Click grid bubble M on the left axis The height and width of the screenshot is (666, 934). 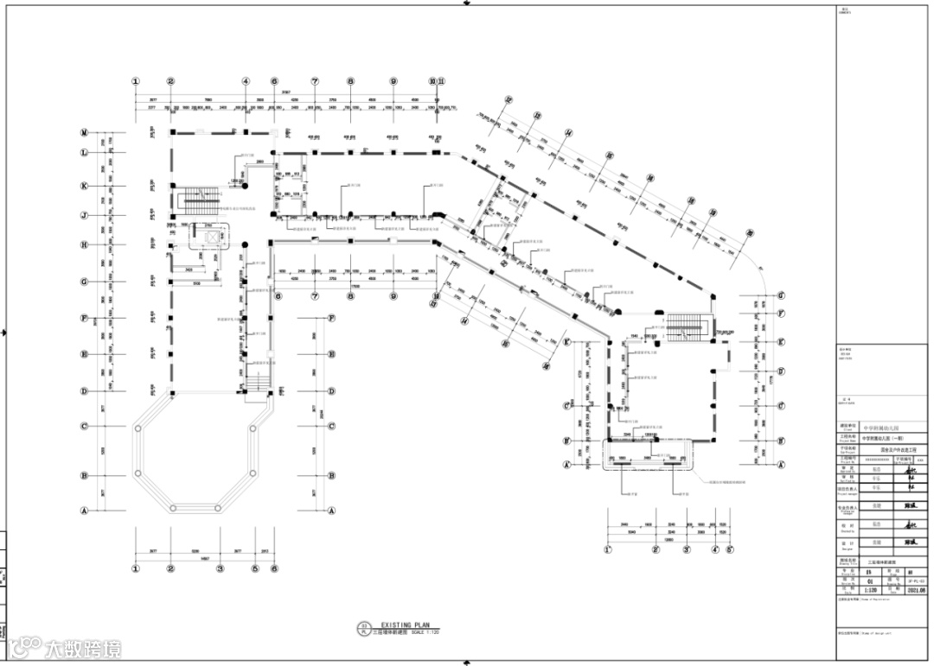[85, 132]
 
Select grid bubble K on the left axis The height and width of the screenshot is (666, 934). [85, 186]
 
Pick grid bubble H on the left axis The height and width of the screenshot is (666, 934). [85, 244]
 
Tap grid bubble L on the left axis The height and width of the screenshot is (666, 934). [85, 153]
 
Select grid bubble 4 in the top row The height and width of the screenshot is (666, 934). [246, 81]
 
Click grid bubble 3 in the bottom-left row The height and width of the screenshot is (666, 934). [221, 568]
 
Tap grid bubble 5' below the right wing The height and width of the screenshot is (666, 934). [729, 549]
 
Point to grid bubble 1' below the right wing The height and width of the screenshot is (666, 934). [607, 549]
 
